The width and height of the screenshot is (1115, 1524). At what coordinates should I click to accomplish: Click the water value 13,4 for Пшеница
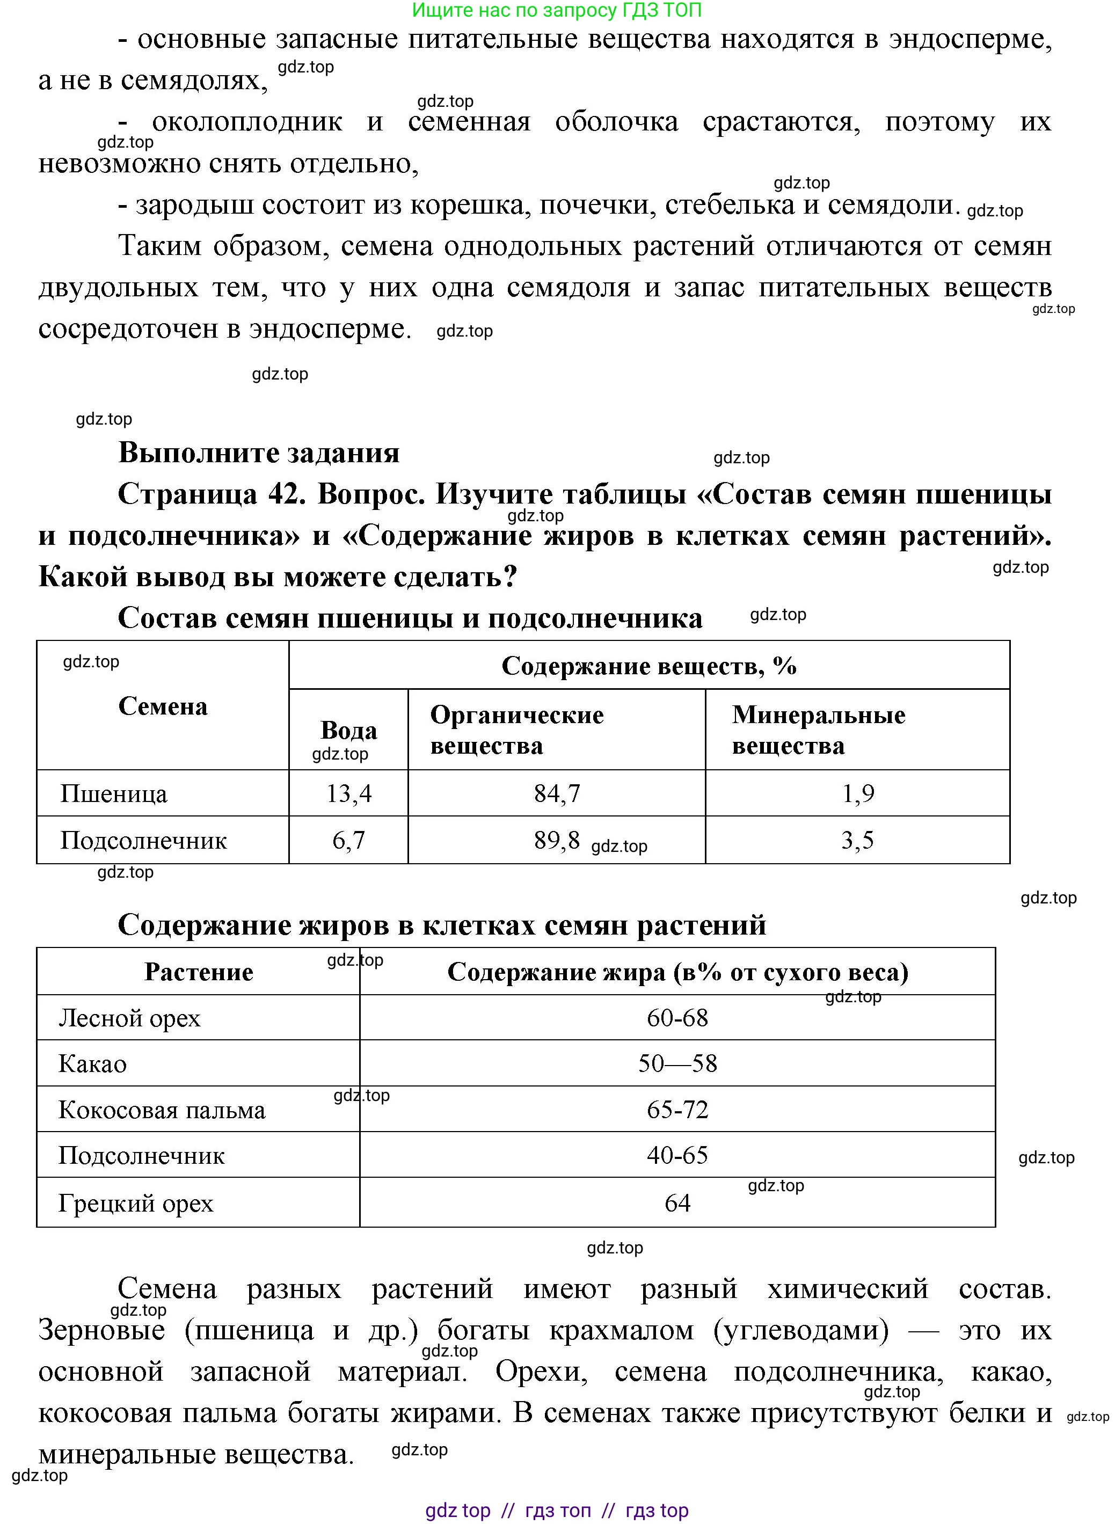(x=348, y=793)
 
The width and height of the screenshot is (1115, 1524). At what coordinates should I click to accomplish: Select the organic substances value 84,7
(x=557, y=793)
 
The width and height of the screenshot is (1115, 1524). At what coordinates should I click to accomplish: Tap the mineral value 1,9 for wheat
(x=857, y=793)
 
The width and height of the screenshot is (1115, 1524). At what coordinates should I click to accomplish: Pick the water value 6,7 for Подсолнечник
(x=348, y=840)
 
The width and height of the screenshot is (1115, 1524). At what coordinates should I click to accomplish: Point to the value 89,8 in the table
(x=557, y=840)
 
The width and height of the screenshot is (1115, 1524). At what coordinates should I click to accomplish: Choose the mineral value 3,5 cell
(x=857, y=840)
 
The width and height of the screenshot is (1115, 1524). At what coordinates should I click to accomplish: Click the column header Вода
(x=348, y=730)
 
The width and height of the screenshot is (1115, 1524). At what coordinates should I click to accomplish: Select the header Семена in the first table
(x=163, y=706)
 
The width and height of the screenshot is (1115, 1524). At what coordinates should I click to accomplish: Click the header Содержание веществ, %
(x=648, y=666)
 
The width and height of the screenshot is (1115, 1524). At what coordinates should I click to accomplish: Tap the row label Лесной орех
(x=129, y=1018)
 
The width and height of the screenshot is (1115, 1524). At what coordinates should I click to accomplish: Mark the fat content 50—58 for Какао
(x=677, y=1064)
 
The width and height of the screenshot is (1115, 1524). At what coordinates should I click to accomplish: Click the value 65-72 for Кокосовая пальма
(x=677, y=1110)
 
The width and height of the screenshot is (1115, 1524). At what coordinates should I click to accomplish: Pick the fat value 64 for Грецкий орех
(x=677, y=1203)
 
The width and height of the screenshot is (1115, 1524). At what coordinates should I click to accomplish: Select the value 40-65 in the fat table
(x=677, y=1156)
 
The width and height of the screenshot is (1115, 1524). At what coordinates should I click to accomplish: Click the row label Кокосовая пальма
(x=162, y=1110)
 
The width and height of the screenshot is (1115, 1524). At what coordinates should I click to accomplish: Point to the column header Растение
(x=199, y=972)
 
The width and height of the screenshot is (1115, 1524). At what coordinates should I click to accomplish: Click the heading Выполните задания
(x=259, y=453)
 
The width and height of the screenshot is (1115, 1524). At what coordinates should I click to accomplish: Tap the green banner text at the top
(x=557, y=10)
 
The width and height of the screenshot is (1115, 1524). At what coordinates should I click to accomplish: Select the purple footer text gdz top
(x=457, y=1511)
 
